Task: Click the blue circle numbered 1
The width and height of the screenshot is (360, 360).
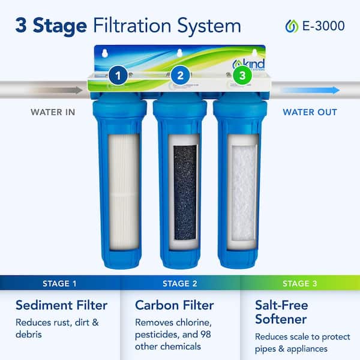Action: (x=118, y=76)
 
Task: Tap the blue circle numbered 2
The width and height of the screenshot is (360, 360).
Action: (x=180, y=76)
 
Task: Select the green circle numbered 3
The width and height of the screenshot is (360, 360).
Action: (x=242, y=76)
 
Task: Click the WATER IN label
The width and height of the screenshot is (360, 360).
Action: (x=53, y=112)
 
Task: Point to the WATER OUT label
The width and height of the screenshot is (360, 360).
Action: (x=310, y=112)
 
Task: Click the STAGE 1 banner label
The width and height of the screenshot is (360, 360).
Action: (x=60, y=283)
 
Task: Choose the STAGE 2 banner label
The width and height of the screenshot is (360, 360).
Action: (x=180, y=283)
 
